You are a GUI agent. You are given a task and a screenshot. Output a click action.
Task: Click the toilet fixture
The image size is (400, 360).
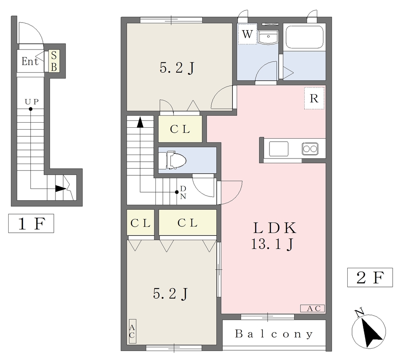point(172,160)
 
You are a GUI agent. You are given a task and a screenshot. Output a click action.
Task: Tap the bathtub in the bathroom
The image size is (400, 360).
point(304,37)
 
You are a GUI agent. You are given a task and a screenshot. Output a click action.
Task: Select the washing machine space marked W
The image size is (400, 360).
point(247,34)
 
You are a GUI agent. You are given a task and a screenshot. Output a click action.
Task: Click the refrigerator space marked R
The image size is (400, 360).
point(314,98)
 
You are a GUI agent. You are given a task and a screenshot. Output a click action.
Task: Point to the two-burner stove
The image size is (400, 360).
point(310,149)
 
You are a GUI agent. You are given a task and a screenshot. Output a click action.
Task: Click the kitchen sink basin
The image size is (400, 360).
point(279,149)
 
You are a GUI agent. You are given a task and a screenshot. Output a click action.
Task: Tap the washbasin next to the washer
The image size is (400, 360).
point(268,37)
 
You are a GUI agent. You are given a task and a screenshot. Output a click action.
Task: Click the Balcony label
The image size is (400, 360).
point(274,334)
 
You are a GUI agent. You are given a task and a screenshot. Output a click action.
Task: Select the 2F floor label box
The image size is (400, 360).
point(370,277)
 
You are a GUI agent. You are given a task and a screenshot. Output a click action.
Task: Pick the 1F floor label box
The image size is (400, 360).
point(31,223)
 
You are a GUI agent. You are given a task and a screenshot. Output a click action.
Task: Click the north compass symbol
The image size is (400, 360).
point(369,330)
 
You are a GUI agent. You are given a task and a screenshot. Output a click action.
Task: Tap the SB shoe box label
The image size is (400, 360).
point(54,61)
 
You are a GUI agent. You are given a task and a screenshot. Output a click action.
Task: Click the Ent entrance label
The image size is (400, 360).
point(30,61)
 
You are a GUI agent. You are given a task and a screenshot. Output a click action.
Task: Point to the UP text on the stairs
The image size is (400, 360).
point(32,102)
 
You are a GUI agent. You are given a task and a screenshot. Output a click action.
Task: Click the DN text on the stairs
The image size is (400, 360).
point(183,192)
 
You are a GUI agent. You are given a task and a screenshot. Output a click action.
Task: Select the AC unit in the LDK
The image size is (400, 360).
point(312,308)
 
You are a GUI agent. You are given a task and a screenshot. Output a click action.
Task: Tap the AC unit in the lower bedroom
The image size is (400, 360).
point(132,331)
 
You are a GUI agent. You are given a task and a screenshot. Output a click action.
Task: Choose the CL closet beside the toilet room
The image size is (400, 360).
point(180,129)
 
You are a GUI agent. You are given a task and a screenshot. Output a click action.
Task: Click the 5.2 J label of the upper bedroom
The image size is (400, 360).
point(177,68)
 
